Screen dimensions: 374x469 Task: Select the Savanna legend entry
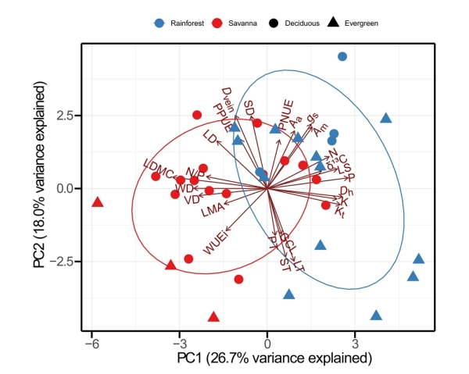coord(240,23)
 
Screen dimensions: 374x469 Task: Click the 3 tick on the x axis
coord(355,337)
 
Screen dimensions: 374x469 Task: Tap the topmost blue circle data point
coord(342,56)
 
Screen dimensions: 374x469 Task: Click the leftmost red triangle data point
coord(98,202)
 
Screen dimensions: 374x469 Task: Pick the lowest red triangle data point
coord(214,317)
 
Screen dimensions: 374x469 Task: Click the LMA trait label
coord(212,209)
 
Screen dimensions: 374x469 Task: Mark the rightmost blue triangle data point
coord(419,259)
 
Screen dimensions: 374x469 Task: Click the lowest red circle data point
coord(239,279)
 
